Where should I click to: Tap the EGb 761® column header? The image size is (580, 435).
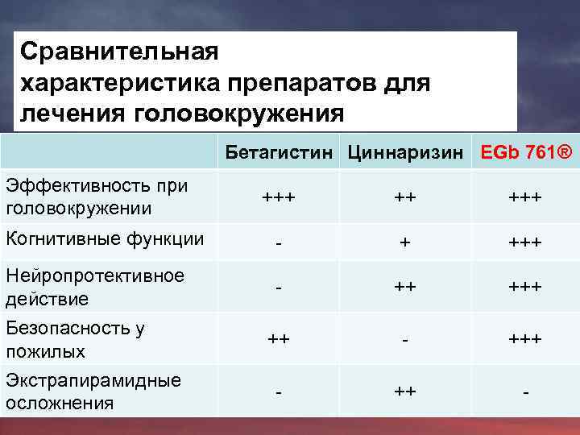tap(525, 151)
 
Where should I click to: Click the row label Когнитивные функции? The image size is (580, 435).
tap(104, 238)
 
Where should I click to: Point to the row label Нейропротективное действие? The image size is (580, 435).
tap(94, 287)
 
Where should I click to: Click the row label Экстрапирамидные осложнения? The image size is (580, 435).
tap(93, 391)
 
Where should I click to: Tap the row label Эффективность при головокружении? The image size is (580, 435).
tap(96, 197)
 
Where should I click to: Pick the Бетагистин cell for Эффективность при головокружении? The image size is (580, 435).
tap(278, 197)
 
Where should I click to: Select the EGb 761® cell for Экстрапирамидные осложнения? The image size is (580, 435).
tap(525, 392)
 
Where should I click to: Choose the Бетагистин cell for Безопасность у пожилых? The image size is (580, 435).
tap(278, 340)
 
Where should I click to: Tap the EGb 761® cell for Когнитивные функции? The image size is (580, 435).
tap(525, 242)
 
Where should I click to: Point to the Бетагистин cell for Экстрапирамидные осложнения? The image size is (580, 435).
tap(278, 392)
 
